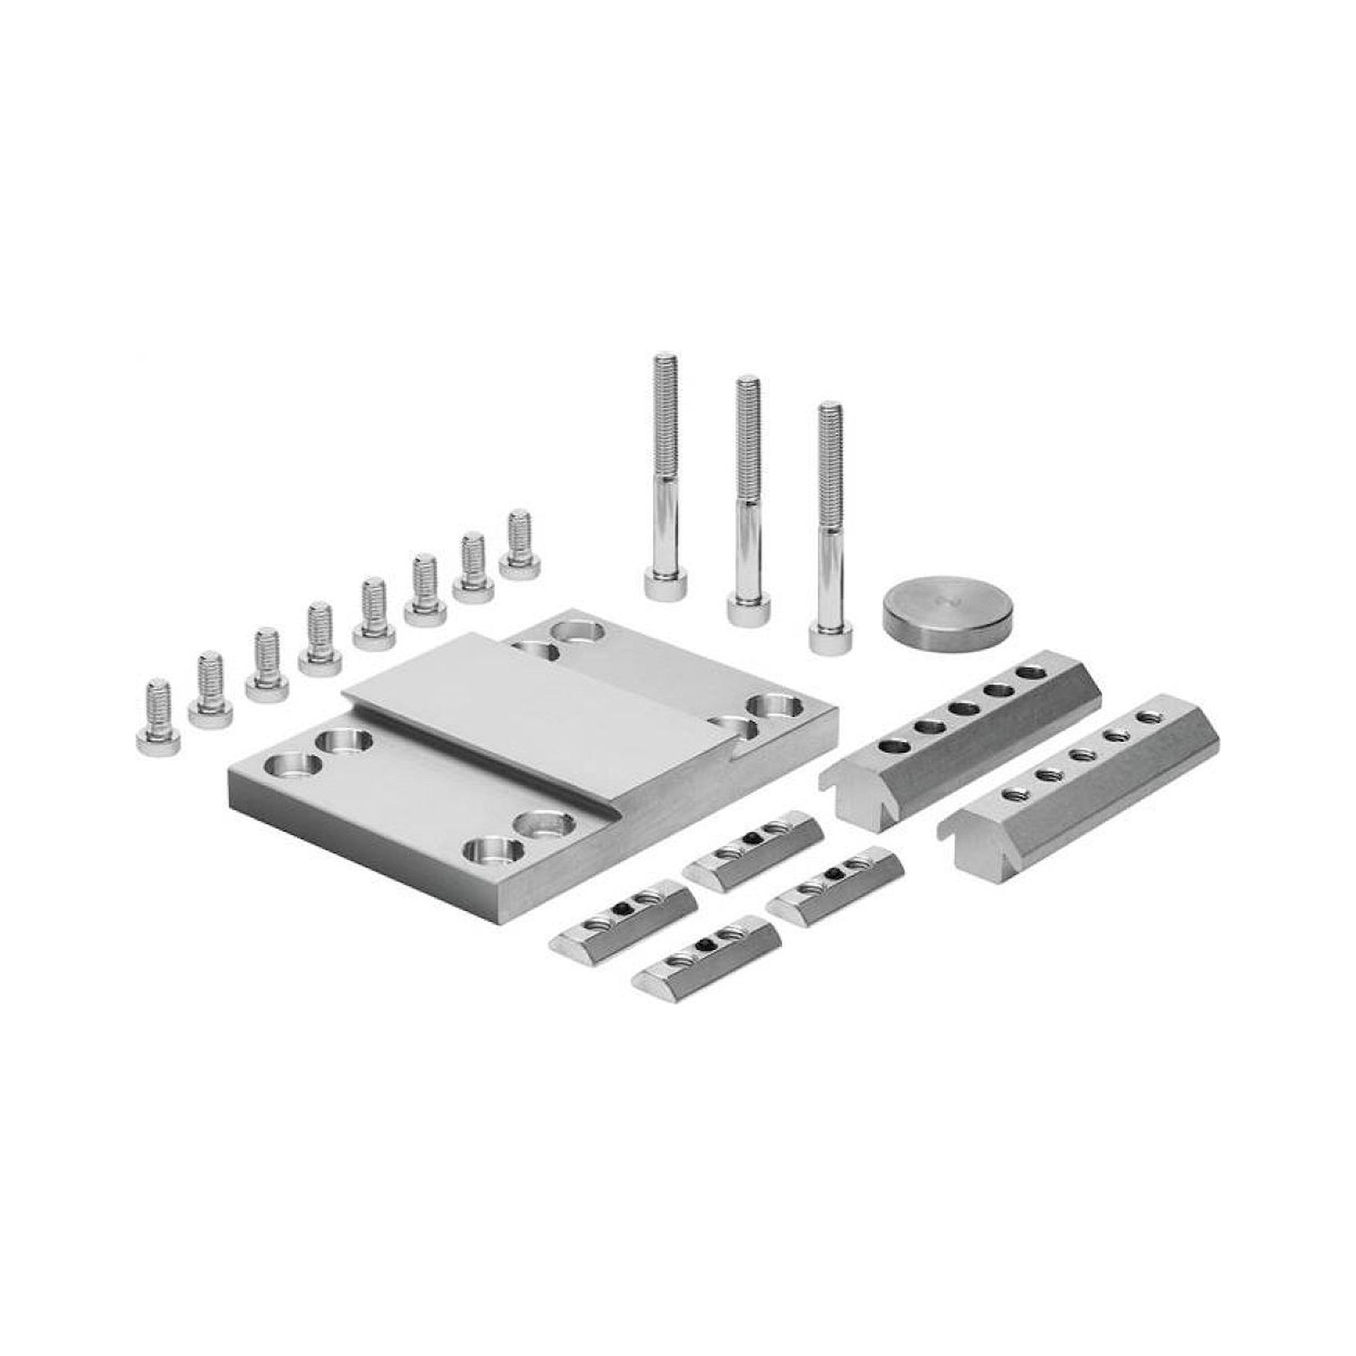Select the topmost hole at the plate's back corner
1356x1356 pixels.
tap(577, 630)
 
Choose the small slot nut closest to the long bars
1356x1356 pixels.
tap(835, 885)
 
